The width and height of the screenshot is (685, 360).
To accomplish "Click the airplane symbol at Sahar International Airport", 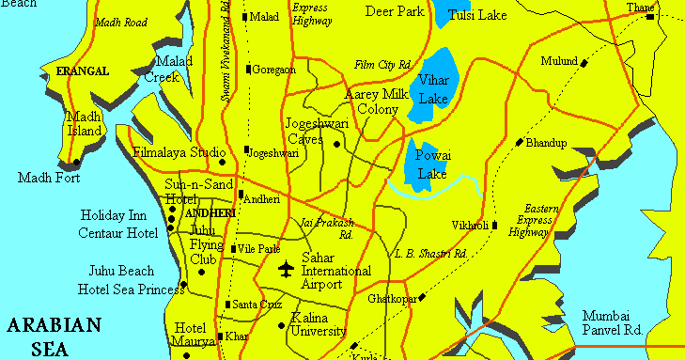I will click(x=286, y=270).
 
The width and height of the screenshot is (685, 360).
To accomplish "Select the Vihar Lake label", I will click(x=433, y=90).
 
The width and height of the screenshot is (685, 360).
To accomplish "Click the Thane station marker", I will click(x=649, y=17).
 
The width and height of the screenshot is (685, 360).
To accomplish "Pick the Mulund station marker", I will click(x=584, y=63).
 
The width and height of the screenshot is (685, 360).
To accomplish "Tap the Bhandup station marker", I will click(x=520, y=143).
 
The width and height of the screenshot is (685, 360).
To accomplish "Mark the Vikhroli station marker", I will click(x=495, y=225).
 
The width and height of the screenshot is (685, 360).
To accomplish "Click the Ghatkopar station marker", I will click(x=422, y=298).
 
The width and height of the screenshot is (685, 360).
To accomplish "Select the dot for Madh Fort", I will click(x=76, y=163).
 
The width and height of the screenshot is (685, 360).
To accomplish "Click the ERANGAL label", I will click(x=83, y=70).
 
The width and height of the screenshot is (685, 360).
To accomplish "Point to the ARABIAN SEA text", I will click(x=53, y=337).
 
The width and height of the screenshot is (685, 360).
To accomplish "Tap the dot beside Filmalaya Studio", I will click(x=222, y=162).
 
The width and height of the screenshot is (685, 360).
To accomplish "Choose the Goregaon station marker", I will click(x=248, y=69).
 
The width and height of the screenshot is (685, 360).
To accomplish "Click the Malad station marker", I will click(x=244, y=17).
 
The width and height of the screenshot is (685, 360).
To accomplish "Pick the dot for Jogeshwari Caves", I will click(x=335, y=145).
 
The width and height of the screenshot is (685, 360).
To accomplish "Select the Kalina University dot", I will click(x=283, y=326).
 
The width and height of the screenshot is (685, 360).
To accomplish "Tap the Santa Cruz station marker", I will click(x=226, y=305).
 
